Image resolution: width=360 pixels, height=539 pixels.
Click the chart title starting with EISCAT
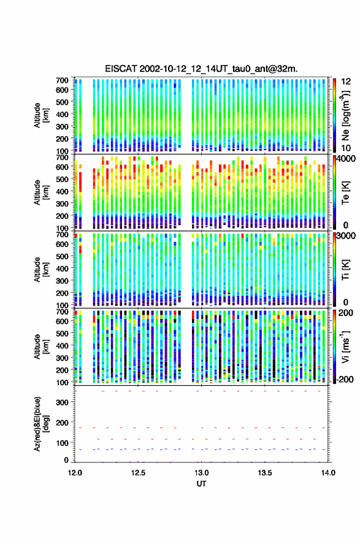(x=202, y=69)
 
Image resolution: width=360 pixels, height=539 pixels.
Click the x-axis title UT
(x=202, y=484)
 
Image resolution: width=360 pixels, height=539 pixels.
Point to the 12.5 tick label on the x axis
(x=138, y=473)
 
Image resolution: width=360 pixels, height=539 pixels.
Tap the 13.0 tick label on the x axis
(x=202, y=473)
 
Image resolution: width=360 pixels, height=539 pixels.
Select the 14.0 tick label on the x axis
(x=328, y=473)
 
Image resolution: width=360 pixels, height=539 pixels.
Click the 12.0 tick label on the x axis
(x=75, y=473)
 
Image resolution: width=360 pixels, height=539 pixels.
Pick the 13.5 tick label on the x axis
(x=265, y=473)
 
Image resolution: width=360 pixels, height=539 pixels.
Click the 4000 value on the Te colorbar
(x=345, y=158)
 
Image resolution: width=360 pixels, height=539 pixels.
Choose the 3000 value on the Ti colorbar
(x=346, y=235)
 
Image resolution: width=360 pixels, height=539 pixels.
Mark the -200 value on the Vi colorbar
(x=344, y=379)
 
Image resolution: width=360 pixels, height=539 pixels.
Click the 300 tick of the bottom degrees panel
(x=62, y=402)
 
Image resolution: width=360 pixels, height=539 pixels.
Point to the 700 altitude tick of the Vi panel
(x=62, y=312)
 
